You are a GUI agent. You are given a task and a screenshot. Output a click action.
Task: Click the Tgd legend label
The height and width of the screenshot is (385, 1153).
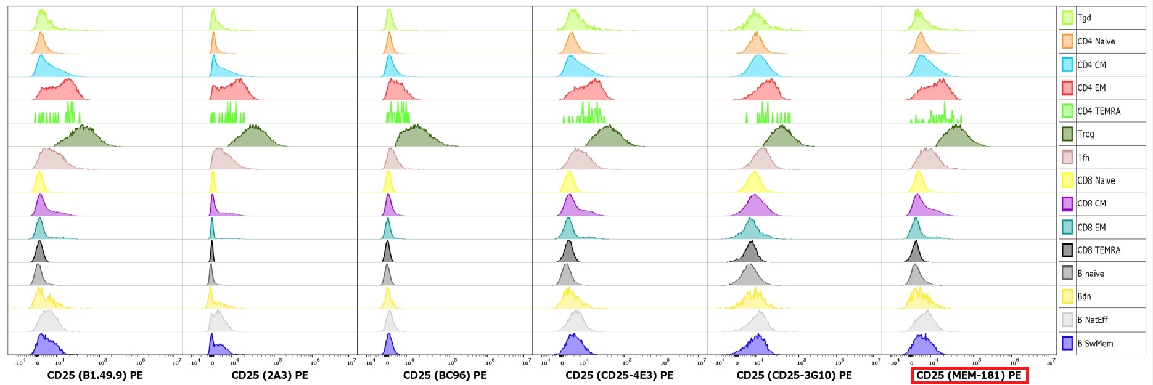[x=1084, y=18]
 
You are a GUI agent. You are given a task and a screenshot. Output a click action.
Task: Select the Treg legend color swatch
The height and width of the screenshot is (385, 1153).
[x=1067, y=134]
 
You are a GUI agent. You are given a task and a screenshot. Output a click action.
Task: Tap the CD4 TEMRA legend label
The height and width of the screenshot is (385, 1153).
[x=1098, y=111]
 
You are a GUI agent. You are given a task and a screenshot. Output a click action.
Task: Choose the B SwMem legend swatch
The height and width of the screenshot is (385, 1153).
[x=1067, y=343]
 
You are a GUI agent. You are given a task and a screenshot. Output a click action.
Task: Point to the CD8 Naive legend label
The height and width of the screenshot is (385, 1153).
[x=1096, y=180]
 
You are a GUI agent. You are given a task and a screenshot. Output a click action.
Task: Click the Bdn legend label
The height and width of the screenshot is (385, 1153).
[x=1084, y=296]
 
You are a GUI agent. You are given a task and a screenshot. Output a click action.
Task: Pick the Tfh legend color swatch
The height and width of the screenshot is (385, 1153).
[x=1067, y=157]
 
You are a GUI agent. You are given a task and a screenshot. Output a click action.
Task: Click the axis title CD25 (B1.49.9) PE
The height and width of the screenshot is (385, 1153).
[x=95, y=375]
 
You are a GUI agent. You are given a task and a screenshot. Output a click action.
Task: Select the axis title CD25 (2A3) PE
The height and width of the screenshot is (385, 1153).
[x=269, y=375]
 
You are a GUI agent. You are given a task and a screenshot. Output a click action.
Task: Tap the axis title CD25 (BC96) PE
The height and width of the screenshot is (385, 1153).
[x=445, y=375]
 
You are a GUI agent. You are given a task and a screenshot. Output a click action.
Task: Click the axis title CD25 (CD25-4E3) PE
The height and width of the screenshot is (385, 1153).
[x=619, y=375]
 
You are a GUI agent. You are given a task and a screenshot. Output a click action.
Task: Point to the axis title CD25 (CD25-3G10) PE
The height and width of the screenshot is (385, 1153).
[x=794, y=375]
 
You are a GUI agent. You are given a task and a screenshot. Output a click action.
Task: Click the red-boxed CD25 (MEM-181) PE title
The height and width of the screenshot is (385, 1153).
[x=969, y=375]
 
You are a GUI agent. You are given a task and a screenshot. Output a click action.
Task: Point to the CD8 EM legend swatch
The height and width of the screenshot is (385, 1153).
[x=1067, y=227]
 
